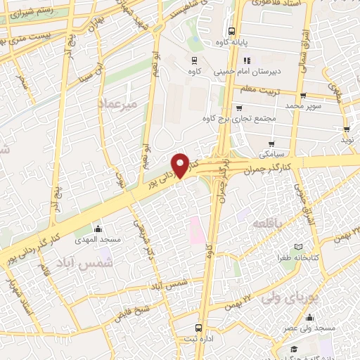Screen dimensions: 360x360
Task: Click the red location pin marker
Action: click(181, 165)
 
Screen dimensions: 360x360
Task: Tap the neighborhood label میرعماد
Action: click(122, 103)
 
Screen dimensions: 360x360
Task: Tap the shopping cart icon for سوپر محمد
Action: click(303, 96)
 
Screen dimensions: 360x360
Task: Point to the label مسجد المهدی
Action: click(101, 240)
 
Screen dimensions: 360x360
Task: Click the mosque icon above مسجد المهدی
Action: click(98, 229)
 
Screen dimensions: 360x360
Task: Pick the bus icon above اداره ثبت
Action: click(199, 328)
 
